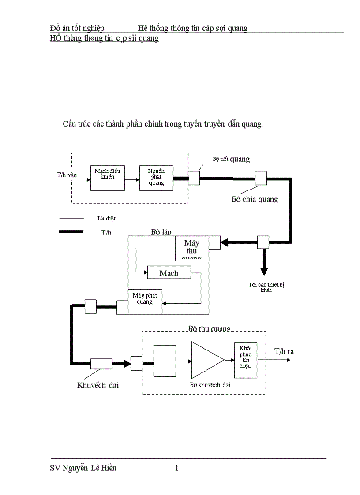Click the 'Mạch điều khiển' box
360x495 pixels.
coord(107,178)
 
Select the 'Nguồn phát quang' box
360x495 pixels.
coord(156,178)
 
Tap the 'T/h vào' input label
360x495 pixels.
coord(67,175)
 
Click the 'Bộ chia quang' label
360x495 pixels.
coord(255,199)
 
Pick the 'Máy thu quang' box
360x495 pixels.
coord(192,249)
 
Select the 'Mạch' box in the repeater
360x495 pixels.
coord(169,273)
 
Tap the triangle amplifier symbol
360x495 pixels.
coord(205,360)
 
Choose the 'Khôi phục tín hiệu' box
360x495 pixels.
coord(245,360)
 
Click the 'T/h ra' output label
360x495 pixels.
coord(284,351)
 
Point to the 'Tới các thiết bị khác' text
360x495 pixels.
coord(266,287)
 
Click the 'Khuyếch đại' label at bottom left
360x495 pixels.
coord(98,385)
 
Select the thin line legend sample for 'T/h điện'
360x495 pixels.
coord(71,218)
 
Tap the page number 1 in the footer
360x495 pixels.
coord(177,468)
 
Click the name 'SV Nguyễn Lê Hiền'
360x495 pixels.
coord(83,468)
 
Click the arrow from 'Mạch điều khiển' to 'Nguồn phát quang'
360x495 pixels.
coord(131,180)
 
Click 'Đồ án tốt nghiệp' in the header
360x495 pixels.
coord(77,28)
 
